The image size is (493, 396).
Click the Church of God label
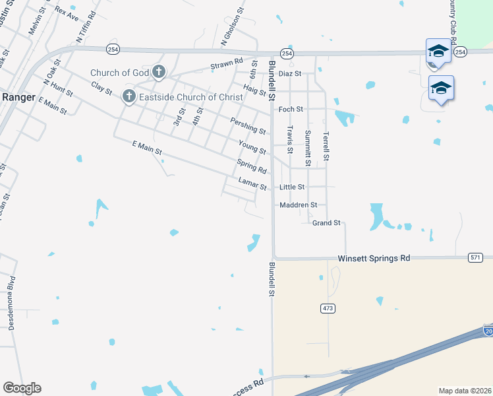(x=119, y=73)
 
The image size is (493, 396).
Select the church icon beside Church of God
(x=158, y=71)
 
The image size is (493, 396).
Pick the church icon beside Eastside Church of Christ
(x=129, y=98)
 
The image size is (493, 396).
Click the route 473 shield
(x=328, y=308)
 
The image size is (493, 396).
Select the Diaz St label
(x=289, y=74)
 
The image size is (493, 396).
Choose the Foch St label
(x=291, y=109)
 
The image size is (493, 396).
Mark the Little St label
(x=292, y=187)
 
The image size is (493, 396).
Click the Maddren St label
(x=298, y=205)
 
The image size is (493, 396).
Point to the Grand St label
(x=326, y=223)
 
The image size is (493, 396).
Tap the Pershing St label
(x=248, y=124)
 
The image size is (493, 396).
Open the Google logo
(x=22, y=388)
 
